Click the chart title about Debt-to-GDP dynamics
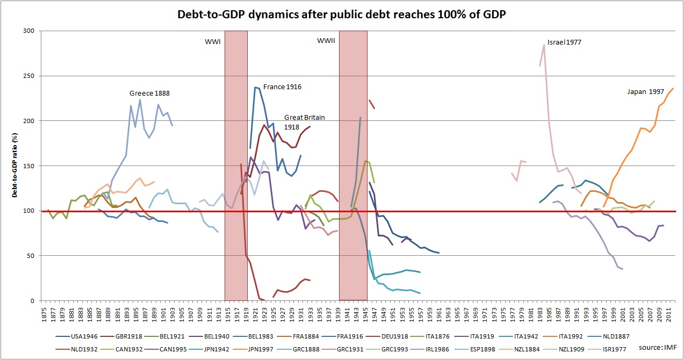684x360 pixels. (342, 15)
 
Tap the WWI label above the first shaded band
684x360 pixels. (213, 41)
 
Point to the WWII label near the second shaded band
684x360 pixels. (326, 40)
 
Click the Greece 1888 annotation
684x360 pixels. (149, 93)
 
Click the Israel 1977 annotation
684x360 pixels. (565, 42)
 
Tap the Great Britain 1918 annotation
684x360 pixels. (304, 121)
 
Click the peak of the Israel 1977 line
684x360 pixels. (544, 45)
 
